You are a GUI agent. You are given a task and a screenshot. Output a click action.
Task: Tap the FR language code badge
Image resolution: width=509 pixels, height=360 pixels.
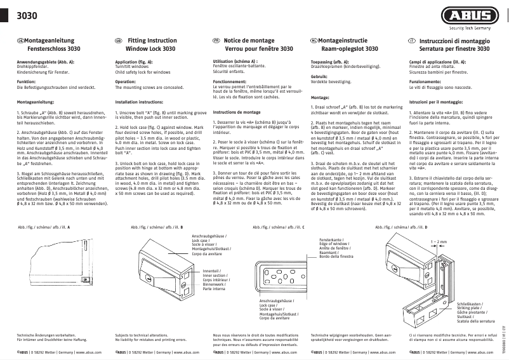coord(216,40)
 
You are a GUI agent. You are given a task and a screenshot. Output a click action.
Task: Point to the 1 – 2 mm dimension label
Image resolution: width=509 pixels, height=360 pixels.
coord(437,242)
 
